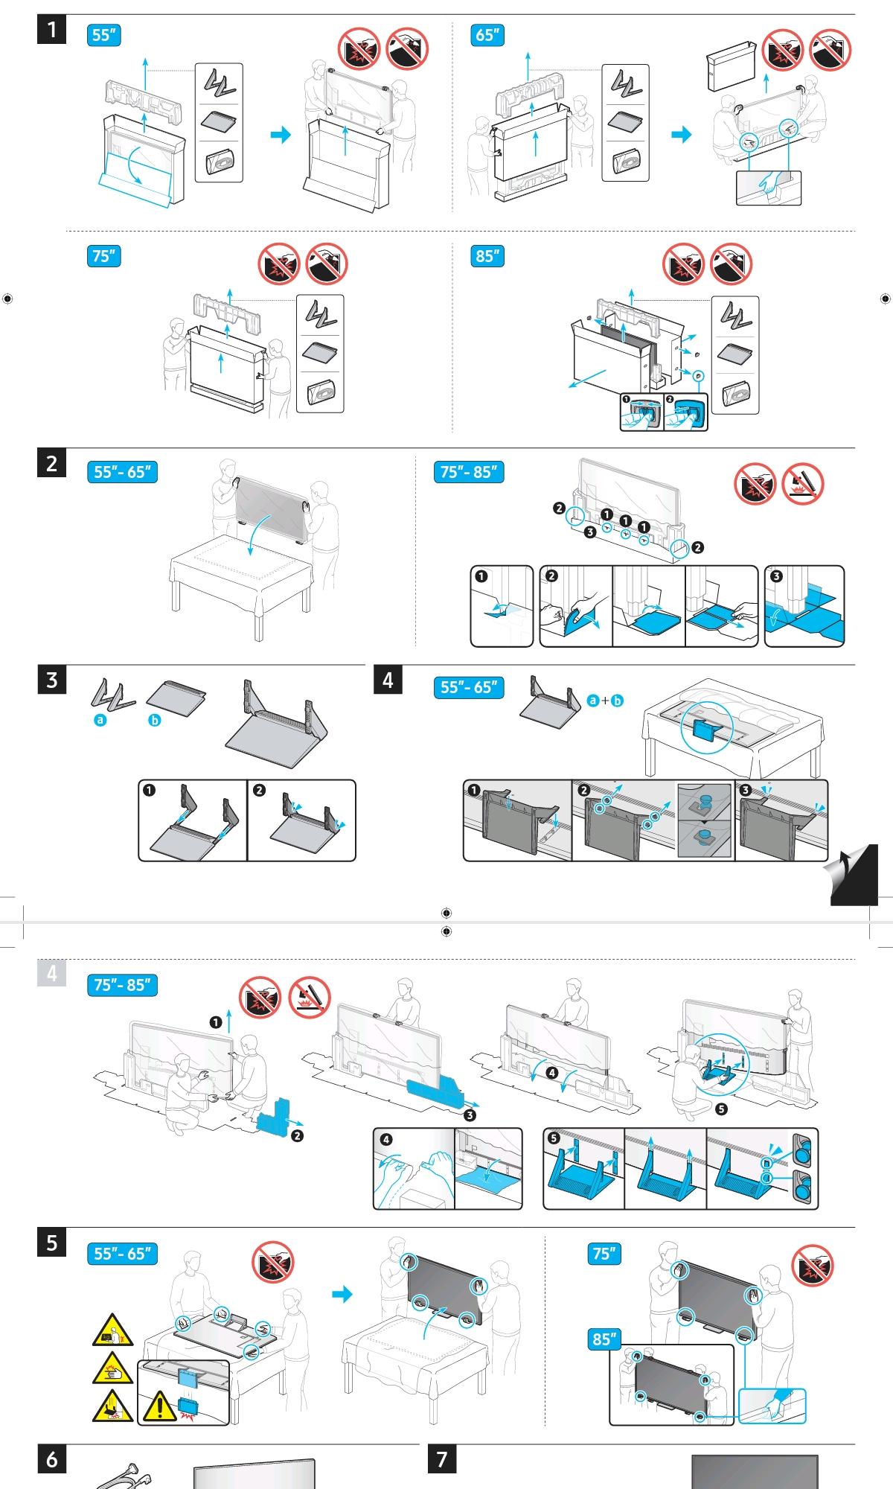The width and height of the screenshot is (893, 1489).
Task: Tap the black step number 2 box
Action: click(x=51, y=463)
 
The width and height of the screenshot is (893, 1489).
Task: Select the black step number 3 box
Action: click(x=51, y=680)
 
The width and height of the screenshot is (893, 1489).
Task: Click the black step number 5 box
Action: click(x=51, y=1243)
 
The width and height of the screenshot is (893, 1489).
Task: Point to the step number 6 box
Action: click(x=51, y=1459)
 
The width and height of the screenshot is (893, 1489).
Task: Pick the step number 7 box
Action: click(x=442, y=1459)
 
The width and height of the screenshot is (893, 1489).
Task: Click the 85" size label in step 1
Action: click(x=487, y=256)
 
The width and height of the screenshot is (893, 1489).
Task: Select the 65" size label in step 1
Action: click(x=487, y=35)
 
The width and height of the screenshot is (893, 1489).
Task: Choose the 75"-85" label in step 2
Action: click(x=468, y=472)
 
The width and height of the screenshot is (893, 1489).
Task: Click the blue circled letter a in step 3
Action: click(x=100, y=720)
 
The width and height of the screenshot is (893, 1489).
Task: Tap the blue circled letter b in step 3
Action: click(x=155, y=721)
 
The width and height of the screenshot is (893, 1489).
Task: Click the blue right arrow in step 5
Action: click(x=342, y=1295)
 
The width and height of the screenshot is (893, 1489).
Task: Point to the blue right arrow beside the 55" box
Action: click(x=281, y=135)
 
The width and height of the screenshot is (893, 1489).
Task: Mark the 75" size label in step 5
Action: click(x=604, y=1254)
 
